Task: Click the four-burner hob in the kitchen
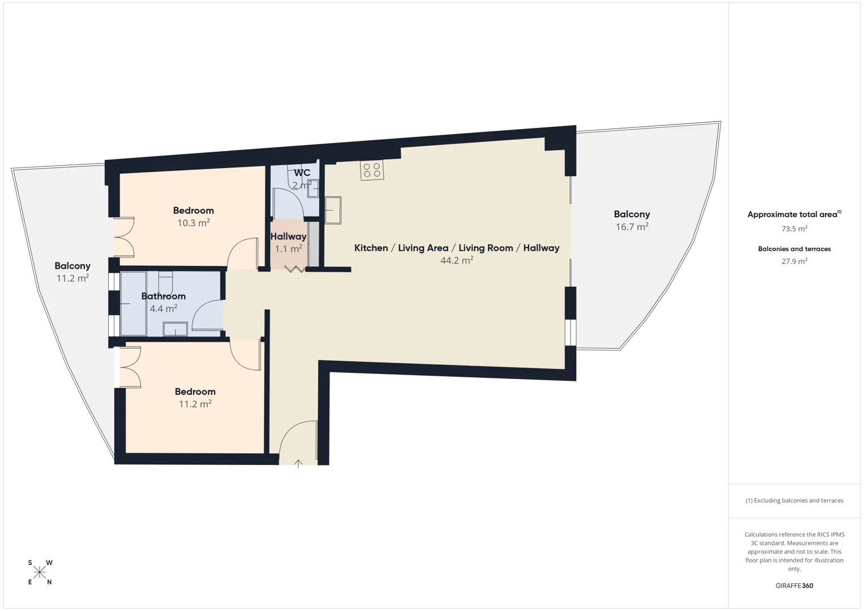pos(372,170)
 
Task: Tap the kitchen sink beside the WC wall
pos(333,210)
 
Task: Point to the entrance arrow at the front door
pos(298,463)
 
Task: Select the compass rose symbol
pos(40,573)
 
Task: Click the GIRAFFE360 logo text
pos(794,586)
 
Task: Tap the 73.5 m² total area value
pos(794,228)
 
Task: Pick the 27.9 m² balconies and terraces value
pos(794,261)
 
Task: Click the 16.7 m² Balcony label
pos(632,220)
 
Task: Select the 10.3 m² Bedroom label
pos(193,217)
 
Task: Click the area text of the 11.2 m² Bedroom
pos(195,403)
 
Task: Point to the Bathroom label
pos(164,296)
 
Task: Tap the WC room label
pos(302,173)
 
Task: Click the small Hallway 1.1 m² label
pos(289,243)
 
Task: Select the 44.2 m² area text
pos(457,260)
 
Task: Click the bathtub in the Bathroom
pos(134,304)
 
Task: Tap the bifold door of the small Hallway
pos(294,269)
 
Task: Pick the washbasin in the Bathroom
pos(175,329)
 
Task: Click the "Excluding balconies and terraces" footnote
pos(794,500)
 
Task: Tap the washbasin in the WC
pos(313,188)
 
